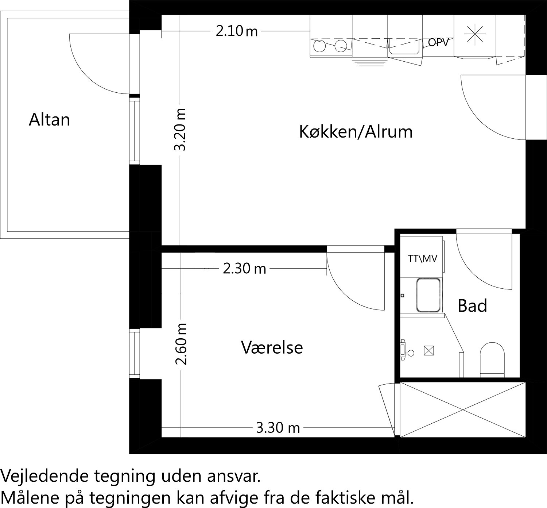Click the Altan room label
pos(49,120)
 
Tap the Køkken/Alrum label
pos(356,131)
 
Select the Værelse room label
pos(272,347)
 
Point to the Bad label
pos(472,306)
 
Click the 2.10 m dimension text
pos(237,31)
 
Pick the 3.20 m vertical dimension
pos(180,129)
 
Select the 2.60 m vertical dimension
pos(181,344)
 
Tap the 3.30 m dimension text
pos(278,427)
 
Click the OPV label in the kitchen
pos(438,43)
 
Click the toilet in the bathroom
pos(492,359)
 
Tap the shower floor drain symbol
pos(428,351)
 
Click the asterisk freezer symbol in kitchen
pos(475,35)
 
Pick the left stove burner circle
pos(320,46)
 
